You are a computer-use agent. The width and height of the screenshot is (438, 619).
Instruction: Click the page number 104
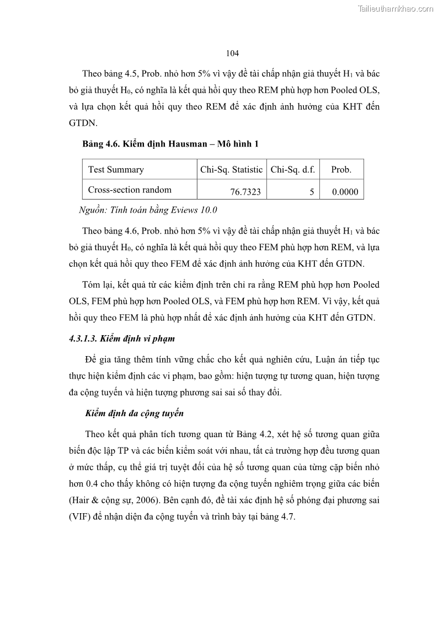point(232,53)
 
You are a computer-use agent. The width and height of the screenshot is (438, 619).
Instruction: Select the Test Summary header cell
point(116,170)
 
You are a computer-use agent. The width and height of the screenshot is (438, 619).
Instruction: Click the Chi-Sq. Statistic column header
point(231,170)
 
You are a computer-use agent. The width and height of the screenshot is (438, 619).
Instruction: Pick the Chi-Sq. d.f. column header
point(292,170)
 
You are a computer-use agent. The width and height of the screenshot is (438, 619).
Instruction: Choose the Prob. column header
point(341,170)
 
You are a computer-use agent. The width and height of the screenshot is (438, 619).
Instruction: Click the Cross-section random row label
point(130,190)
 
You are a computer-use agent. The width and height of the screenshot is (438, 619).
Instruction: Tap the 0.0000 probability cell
point(345,192)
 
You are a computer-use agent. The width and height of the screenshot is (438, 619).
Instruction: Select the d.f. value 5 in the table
point(312,192)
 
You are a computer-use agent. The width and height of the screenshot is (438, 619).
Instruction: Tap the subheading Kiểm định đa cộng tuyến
point(135,413)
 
